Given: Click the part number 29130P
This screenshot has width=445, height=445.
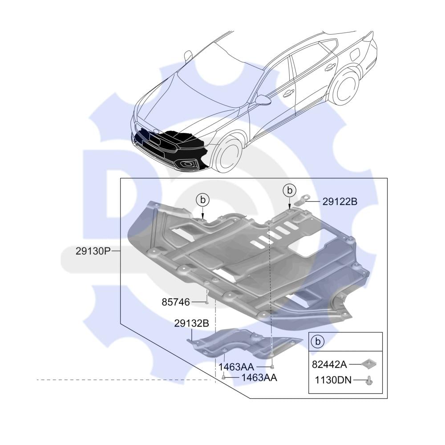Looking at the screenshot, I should click(93, 251).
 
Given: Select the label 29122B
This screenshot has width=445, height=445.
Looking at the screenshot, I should click(340, 202).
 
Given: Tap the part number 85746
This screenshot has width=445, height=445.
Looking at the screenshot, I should click(176, 303).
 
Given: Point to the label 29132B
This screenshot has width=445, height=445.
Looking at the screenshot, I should click(192, 324).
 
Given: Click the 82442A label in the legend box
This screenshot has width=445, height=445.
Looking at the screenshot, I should click(329, 364).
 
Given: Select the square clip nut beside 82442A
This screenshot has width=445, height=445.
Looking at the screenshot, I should click(368, 364).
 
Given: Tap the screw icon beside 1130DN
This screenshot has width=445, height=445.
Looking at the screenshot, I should click(369, 380).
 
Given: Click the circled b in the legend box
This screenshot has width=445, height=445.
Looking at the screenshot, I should click(317, 341).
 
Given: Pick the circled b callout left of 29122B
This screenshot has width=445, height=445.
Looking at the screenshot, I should click(289, 190).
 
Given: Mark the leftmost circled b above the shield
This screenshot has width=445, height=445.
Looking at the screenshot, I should click(202, 200).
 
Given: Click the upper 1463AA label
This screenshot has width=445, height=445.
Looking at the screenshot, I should click(236, 367).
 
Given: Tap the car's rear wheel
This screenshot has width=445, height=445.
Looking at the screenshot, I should click(345, 87).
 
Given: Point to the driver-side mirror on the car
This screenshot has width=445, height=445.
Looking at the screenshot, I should click(263, 100).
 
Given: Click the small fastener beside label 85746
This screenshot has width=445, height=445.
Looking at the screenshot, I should click(207, 302).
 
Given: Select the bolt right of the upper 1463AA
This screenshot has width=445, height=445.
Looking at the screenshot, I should click(272, 367).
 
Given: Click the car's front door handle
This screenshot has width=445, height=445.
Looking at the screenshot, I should click(288, 93).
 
